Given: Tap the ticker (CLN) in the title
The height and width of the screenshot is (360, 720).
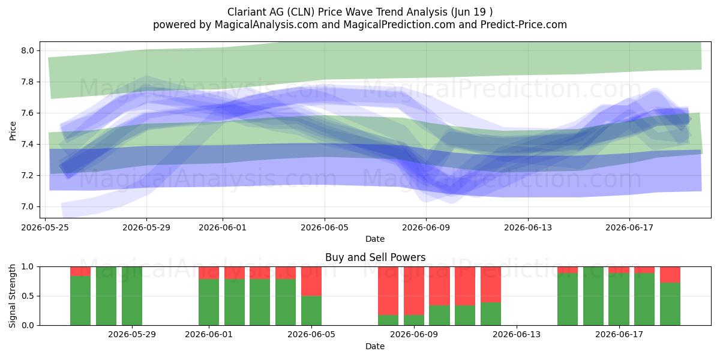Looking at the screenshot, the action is (x=301, y=12).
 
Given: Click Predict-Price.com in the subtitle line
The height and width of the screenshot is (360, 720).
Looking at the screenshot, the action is (x=524, y=25).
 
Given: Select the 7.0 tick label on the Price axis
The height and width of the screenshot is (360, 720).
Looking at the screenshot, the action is (x=28, y=206).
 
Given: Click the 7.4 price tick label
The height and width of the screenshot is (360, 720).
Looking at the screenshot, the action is (x=28, y=145).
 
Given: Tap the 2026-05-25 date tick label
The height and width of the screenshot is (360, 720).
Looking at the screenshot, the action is (x=45, y=227).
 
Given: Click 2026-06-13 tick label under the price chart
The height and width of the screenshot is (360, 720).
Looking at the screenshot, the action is (x=528, y=227).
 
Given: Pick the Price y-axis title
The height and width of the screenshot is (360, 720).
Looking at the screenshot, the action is (x=13, y=131).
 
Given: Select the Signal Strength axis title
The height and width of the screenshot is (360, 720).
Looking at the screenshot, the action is (x=12, y=296).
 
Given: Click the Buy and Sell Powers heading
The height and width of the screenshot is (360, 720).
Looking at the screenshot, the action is (x=375, y=257).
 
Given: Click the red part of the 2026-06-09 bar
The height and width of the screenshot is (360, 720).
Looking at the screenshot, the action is (x=414, y=291).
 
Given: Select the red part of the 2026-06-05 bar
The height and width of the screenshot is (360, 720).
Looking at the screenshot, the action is (x=311, y=281).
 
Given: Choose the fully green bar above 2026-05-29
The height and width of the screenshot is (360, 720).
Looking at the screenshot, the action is (x=132, y=296).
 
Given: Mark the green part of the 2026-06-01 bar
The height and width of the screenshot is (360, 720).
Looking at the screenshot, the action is (x=209, y=302).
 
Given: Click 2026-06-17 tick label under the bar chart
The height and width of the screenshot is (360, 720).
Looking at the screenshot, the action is (x=619, y=335).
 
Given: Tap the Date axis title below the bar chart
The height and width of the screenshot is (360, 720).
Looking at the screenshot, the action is (x=375, y=346).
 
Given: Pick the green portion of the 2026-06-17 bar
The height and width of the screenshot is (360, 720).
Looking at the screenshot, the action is (x=619, y=299).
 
